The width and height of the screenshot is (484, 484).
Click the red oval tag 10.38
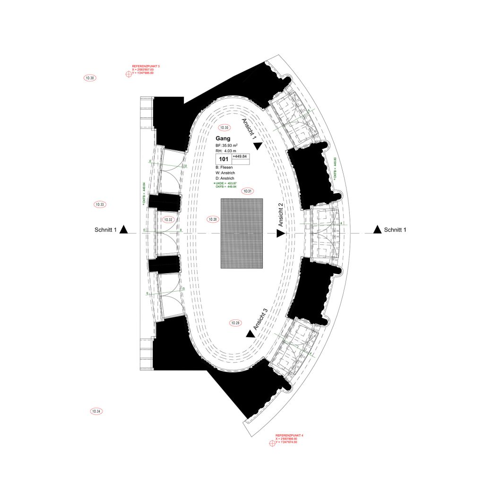pyautogui.click(x=89, y=78)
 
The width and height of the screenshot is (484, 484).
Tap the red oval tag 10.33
pyautogui.click(x=100, y=205)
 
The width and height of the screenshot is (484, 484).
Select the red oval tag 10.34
pyautogui.click(x=96, y=411)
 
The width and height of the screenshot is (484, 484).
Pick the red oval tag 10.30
pyautogui.click(x=224, y=128)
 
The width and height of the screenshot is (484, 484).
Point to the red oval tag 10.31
pyautogui.click(x=247, y=191)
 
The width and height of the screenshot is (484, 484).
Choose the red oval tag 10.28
pyautogui.click(x=214, y=219)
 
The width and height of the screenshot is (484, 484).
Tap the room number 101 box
pyautogui.click(x=224, y=159)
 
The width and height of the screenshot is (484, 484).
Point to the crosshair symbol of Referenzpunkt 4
pyautogui.click(x=272, y=443)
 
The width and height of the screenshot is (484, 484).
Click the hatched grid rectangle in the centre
pyautogui.click(x=242, y=233)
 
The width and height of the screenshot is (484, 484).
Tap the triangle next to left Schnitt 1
pyautogui.click(x=124, y=230)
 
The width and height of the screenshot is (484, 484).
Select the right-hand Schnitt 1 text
pyautogui.click(x=395, y=230)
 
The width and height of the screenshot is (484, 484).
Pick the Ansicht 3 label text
pyautogui.click(x=260, y=319)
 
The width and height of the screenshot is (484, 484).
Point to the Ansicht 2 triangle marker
pyautogui.click(x=280, y=233)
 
